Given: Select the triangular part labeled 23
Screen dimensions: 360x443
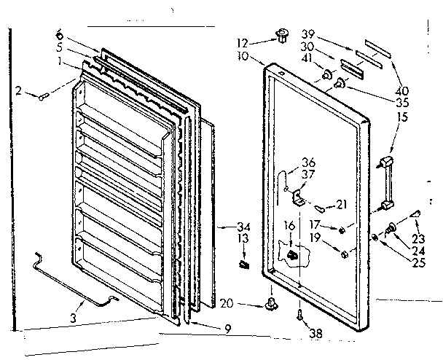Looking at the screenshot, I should click(417, 214).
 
